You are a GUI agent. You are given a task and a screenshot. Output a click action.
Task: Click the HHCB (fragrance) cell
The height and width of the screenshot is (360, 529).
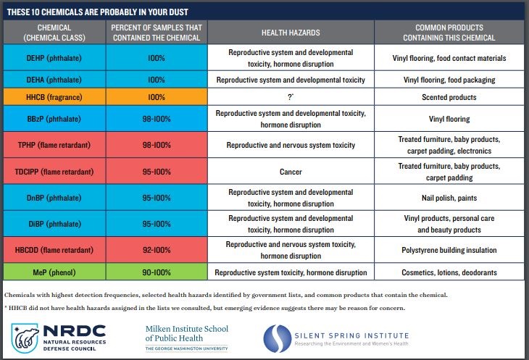pyautogui.click(x=54, y=97)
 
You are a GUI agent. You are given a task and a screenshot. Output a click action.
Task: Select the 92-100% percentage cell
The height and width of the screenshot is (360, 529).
pyautogui.click(x=157, y=250)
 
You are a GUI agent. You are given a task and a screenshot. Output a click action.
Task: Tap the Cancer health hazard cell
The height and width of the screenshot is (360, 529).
pyautogui.click(x=291, y=172)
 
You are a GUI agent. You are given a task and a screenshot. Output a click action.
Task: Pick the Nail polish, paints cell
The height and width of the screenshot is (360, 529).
pyautogui.click(x=449, y=198)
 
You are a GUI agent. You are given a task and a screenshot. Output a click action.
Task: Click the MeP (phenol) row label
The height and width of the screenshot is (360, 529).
pyautogui.click(x=54, y=272)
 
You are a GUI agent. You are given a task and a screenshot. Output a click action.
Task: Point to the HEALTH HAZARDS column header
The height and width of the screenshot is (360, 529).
pyautogui.click(x=291, y=33)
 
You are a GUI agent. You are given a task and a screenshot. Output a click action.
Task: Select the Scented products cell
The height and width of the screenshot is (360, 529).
pyautogui.click(x=449, y=97)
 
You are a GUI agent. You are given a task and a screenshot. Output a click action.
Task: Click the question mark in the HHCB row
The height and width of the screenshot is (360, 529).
pyautogui.click(x=291, y=97)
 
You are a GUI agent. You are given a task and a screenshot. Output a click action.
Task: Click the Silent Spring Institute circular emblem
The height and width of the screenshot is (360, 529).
pyautogui.click(x=278, y=339)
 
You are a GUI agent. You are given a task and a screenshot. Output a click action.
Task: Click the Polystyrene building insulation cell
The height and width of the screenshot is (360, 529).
pyautogui.click(x=449, y=250)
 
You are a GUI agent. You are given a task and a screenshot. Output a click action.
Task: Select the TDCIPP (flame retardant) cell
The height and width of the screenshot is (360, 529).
pyautogui.click(x=54, y=172)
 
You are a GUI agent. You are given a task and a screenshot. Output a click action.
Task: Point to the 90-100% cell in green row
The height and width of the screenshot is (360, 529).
pyautogui.click(x=157, y=272)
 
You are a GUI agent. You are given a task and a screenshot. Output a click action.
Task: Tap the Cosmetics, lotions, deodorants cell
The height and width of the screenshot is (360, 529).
pyautogui.click(x=449, y=272)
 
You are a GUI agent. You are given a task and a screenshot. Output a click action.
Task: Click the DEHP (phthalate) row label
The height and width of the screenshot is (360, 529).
pyautogui.click(x=54, y=58)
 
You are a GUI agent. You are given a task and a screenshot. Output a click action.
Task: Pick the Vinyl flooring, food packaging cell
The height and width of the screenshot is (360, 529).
pyautogui.click(x=449, y=80)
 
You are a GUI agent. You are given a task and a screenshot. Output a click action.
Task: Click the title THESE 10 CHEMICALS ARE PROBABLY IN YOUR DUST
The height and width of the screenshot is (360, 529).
pyautogui.click(x=98, y=12)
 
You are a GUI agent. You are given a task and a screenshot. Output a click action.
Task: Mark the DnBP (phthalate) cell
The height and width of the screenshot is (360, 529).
pyautogui.click(x=54, y=198)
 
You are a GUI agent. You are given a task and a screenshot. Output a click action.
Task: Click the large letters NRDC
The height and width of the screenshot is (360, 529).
pyautogui.click(x=75, y=331)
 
